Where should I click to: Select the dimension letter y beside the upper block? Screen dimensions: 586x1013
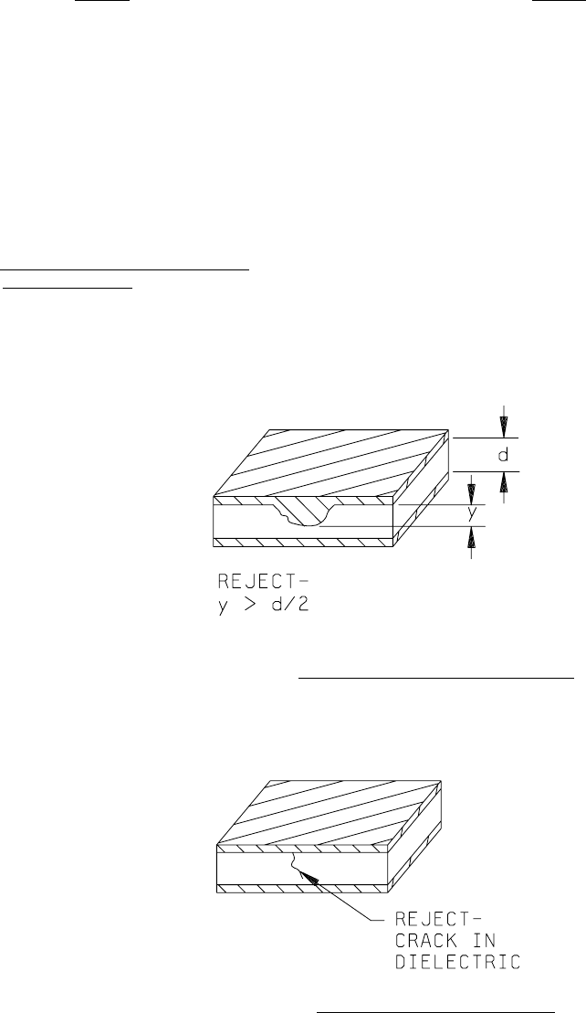472,515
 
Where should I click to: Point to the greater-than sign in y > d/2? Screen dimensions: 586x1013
250,604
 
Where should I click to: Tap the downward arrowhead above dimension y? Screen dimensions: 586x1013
471,492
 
